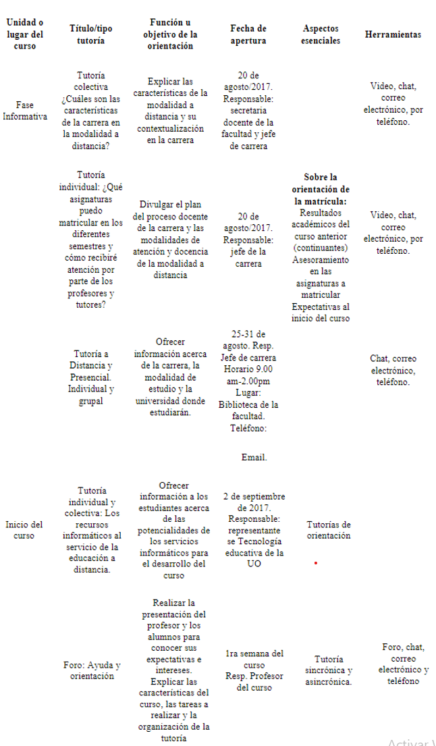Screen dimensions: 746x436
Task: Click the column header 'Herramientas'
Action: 393,34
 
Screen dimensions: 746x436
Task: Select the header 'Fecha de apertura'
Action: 248,34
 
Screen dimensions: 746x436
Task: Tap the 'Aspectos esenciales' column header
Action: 321,34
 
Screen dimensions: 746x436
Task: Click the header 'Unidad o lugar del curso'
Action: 24,34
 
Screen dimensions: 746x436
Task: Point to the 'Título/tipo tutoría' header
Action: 91,34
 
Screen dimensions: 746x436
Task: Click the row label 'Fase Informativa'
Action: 24,111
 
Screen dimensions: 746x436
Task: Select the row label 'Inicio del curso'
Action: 24,530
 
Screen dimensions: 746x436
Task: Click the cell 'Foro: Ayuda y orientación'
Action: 92,670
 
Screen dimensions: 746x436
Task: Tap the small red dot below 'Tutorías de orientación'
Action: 315,562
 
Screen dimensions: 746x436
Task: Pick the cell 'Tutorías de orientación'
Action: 329,530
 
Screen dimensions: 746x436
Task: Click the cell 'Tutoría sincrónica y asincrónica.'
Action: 329,670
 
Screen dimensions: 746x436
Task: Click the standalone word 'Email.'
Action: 254,458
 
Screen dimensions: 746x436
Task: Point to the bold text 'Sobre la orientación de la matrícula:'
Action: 321,189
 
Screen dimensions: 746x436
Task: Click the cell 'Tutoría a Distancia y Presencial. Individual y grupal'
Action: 91,377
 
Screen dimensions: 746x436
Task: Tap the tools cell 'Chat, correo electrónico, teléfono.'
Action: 393,371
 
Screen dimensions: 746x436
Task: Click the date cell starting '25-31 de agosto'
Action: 248,381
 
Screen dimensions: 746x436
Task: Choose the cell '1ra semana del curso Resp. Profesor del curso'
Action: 254,670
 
